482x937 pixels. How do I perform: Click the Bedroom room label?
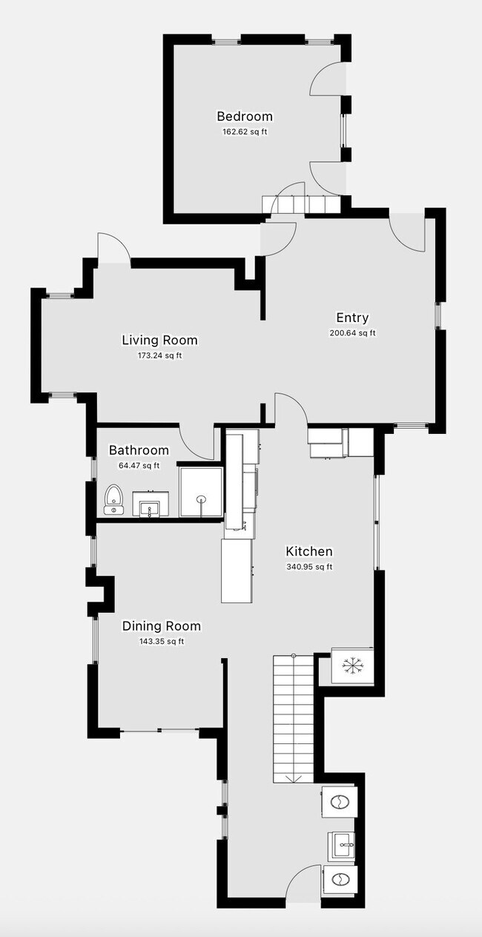pyautogui.click(x=244, y=116)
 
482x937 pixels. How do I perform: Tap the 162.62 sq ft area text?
pyautogui.click(x=244, y=132)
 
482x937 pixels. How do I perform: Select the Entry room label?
pyautogui.click(x=352, y=318)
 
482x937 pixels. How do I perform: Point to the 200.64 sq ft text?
pyautogui.click(x=352, y=333)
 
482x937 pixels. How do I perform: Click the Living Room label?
pyautogui.click(x=159, y=340)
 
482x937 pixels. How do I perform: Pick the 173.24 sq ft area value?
pyautogui.click(x=159, y=355)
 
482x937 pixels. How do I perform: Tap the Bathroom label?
pyautogui.click(x=139, y=450)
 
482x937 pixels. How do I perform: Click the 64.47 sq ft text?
pyautogui.click(x=139, y=466)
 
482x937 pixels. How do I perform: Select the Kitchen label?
pyautogui.click(x=309, y=551)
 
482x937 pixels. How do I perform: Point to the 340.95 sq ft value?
pyautogui.click(x=309, y=568)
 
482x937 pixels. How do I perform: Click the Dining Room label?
pyautogui.click(x=161, y=626)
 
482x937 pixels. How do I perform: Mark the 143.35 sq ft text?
pyautogui.click(x=161, y=642)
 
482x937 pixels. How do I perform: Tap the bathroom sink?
pyautogui.click(x=151, y=505)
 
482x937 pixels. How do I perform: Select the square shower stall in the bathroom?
pyautogui.click(x=200, y=490)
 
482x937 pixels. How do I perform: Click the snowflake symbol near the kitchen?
pyautogui.click(x=351, y=666)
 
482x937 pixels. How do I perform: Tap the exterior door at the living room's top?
pyautogui.click(x=113, y=249)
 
